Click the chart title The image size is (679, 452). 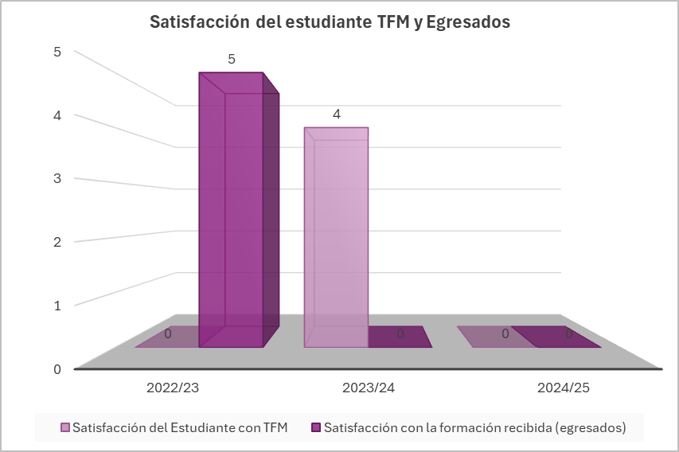pyautogui.click(x=330, y=22)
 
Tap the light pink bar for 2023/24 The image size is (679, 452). pyautogui.click(x=336, y=239)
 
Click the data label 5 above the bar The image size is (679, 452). pyautogui.click(x=232, y=60)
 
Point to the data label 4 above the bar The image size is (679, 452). pyautogui.click(x=337, y=115)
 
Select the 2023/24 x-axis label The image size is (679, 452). pyautogui.click(x=369, y=389)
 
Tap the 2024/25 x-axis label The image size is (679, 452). pyautogui.click(x=564, y=389)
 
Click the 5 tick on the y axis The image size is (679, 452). pyautogui.click(x=57, y=52)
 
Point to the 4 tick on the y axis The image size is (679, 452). pyautogui.click(x=57, y=115)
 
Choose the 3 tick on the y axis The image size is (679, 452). pyautogui.click(x=57, y=178)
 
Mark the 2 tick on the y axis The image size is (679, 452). pyautogui.click(x=57, y=242)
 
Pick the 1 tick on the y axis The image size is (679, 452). pyautogui.click(x=57, y=305)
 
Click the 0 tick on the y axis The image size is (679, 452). pyautogui.click(x=57, y=368)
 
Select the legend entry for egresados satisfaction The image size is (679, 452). pyautogui.click(x=474, y=427)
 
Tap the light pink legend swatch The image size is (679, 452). pyautogui.click(x=65, y=427)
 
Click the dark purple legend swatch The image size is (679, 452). pyautogui.click(x=316, y=427)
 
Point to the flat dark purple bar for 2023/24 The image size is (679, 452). pyautogui.click(x=400, y=337)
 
